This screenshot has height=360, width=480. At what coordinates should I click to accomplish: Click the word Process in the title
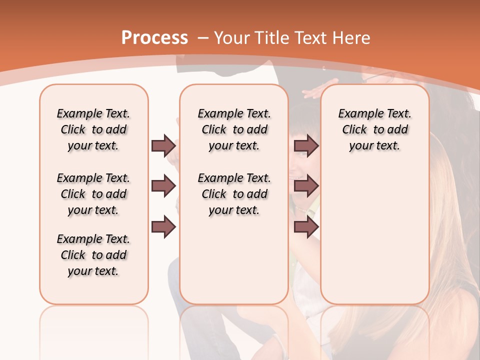click(x=154, y=38)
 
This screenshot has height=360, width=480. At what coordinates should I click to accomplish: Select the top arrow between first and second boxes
click(x=163, y=145)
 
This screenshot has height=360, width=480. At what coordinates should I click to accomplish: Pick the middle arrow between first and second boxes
click(x=163, y=186)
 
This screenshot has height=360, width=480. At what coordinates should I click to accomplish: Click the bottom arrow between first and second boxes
click(x=163, y=227)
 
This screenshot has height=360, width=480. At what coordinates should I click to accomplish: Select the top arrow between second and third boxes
click(x=306, y=145)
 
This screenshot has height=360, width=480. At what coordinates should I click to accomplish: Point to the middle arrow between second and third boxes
click(x=306, y=186)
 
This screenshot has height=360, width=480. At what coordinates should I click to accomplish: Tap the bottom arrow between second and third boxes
click(x=306, y=227)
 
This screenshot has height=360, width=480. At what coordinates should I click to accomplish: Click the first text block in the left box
click(x=93, y=129)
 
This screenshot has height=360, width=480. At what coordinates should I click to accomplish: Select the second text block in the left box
click(x=93, y=194)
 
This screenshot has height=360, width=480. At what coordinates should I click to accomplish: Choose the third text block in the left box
click(x=93, y=255)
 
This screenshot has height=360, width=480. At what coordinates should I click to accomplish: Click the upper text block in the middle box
click(x=234, y=129)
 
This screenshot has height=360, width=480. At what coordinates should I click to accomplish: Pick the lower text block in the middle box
click(x=234, y=194)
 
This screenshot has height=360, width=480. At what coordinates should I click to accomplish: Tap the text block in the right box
click(x=375, y=129)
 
